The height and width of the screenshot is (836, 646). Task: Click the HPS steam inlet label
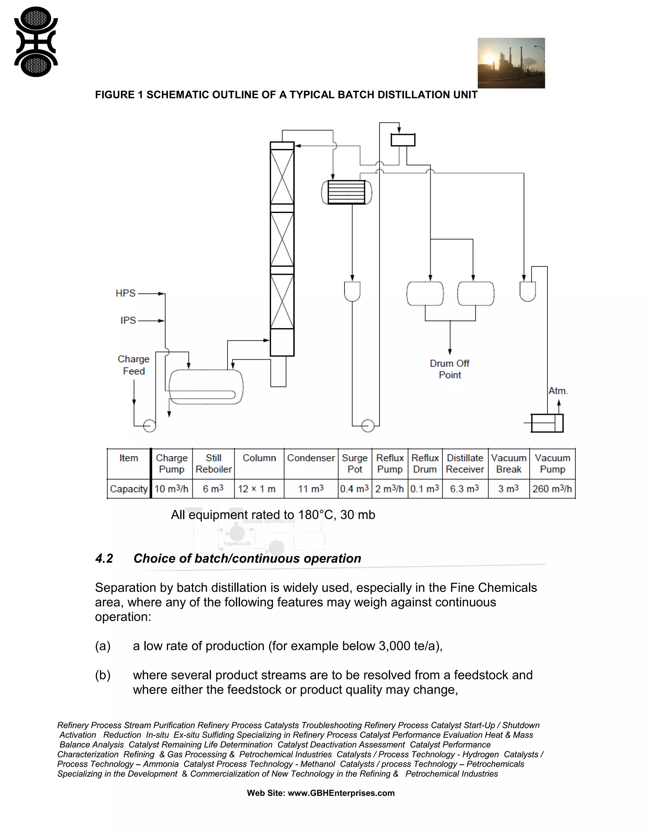(126, 293)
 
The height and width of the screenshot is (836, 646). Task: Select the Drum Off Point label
(450, 369)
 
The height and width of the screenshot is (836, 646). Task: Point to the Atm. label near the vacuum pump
(558, 391)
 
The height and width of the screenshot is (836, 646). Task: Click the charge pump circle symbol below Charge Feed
(149, 425)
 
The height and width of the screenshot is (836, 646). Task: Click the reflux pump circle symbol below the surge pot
(367, 425)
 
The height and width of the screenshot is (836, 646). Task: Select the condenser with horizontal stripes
(347, 192)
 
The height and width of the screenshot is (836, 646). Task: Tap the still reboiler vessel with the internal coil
(206, 387)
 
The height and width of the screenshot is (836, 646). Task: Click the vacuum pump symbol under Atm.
(547, 423)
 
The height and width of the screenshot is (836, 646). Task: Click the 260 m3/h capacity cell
(552, 489)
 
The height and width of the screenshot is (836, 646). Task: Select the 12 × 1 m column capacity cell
(257, 489)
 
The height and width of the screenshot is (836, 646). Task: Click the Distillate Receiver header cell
(465, 463)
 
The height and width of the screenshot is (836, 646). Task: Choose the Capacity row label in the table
(129, 489)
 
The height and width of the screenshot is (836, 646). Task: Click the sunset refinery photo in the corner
(511, 63)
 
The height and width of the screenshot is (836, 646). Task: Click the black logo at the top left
(36, 42)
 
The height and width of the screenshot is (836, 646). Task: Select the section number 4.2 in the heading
(104, 558)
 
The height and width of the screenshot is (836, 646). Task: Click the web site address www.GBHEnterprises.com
(341, 793)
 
